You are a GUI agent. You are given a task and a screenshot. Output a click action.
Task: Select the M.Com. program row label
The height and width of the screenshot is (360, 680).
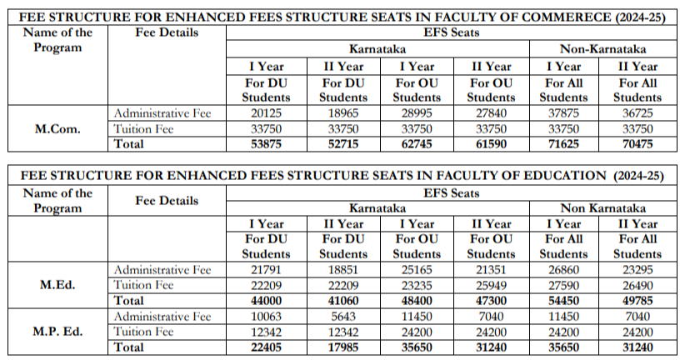coord(57,129)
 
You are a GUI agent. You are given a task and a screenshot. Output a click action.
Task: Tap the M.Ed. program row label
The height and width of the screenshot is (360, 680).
coord(57,285)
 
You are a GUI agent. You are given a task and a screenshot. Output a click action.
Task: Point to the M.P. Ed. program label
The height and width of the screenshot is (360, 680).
coord(57,332)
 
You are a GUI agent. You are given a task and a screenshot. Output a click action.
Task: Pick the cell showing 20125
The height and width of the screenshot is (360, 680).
coord(267,113)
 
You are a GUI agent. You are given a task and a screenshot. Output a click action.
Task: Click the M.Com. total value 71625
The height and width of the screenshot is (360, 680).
coord(564,144)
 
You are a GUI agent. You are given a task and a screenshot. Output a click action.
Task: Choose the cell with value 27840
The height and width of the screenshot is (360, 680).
coord(491,113)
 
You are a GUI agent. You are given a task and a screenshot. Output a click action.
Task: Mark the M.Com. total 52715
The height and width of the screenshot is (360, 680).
coord(343,144)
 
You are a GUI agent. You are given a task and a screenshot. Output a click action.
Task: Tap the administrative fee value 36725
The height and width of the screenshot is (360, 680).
coord(637,113)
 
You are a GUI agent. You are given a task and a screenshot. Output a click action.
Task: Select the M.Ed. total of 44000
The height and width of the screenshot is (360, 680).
coord(267,301)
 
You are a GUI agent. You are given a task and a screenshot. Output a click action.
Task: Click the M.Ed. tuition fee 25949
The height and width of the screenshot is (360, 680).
coord(491,285)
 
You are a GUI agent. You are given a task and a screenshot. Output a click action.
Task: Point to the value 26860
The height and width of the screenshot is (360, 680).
coord(564,270)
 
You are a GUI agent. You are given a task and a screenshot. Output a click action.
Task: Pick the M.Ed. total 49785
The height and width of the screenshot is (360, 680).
coord(637,301)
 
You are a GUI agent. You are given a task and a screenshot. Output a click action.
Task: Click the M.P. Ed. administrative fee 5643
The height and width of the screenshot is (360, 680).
coord(343,317)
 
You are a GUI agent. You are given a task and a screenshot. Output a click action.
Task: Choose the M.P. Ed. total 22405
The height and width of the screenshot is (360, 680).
coord(267,347)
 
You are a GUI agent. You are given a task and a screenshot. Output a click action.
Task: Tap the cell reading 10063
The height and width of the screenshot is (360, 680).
coord(267,317)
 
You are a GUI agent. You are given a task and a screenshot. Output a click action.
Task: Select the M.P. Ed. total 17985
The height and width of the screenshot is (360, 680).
coord(343,347)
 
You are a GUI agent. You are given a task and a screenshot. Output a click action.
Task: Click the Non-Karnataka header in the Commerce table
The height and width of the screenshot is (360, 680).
coord(602,49)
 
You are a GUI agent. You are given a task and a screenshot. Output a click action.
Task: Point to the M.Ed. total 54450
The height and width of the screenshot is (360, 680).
coord(564,301)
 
